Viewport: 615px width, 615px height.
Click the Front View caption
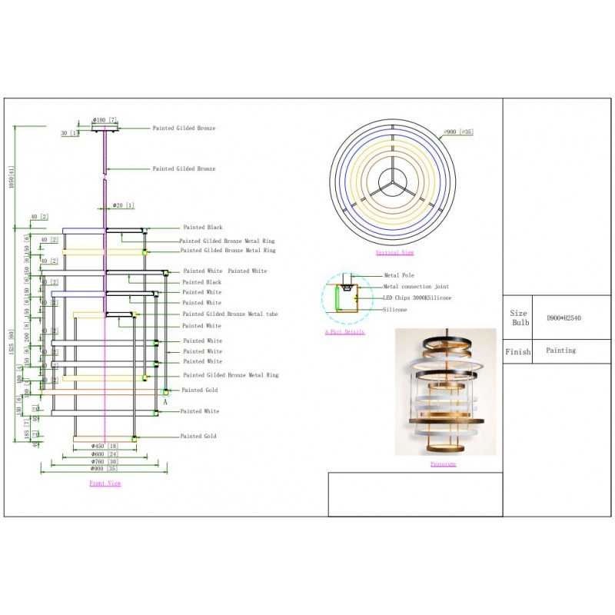click(x=105, y=484)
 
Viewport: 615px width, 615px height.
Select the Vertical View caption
click(x=394, y=252)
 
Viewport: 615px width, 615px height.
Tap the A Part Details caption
click(x=344, y=332)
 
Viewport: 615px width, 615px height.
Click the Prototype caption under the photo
click(x=444, y=464)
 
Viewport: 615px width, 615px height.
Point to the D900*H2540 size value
click(x=563, y=317)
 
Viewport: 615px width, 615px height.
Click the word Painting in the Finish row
click(x=561, y=351)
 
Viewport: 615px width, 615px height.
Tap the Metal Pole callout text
click(x=399, y=275)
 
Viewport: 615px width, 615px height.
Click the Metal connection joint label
click(x=415, y=286)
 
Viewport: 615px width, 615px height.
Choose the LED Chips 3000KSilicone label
click(x=417, y=298)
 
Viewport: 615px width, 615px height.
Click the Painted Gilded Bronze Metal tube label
click(x=230, y=314)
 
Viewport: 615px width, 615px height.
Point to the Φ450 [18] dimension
click(x=104, y=446)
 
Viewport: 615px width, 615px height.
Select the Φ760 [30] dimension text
click(x=104, y=461)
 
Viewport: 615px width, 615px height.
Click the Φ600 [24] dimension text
click(x=104, y=454)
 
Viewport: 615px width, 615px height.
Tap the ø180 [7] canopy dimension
click(x=104, y=120)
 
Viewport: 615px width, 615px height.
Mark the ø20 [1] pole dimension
click(x=123, y=205)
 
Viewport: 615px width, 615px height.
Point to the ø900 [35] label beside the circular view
click(x=459, y=132)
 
